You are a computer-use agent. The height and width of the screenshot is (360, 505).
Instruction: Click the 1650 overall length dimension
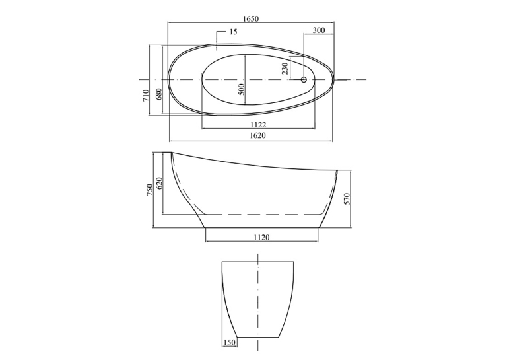tap(251, 18)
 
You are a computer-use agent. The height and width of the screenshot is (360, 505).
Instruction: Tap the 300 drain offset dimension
tap(319, 30)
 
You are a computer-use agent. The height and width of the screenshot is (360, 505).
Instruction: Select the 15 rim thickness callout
tap(234, 32)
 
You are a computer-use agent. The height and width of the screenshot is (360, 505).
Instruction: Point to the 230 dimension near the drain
tap(285, 69)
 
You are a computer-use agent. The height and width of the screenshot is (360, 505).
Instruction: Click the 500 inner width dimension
tap(242, 89)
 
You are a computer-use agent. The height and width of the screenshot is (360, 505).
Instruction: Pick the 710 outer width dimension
tap(146, 96)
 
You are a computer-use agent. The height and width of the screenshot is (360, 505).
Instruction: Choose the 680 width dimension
tap(158, 94)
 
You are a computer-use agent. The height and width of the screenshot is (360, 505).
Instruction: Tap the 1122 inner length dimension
tap(258, 124)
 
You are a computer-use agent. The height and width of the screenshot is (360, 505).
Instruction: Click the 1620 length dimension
tap(257, 135)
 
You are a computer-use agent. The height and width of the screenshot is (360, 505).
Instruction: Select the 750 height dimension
tap(149, 190)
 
